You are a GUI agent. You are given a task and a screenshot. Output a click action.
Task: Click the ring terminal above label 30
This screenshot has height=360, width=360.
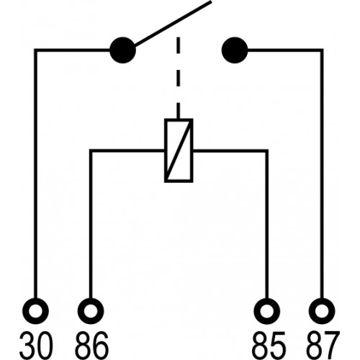tap(35, 311)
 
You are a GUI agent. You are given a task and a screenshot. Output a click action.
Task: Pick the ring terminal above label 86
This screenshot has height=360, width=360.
tap(91, 311)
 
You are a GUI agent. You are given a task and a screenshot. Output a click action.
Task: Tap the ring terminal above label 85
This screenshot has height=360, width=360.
tap(267, 311)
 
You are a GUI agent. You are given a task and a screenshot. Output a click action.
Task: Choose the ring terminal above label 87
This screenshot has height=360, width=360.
tap(322, 311)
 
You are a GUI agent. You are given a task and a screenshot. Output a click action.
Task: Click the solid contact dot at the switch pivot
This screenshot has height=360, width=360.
tap(122, 50)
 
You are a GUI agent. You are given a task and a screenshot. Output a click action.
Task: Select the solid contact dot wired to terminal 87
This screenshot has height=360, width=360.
tap(235, 50)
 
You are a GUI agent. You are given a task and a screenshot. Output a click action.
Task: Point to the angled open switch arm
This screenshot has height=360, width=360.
tap(173, 23)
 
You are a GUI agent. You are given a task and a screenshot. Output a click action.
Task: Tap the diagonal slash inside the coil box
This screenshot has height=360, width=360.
tap(179, 150)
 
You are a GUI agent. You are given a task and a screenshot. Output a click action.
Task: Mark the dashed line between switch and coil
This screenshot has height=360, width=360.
tap(178, 78)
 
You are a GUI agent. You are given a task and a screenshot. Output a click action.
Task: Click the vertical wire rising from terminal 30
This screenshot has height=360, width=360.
tap(35, 174)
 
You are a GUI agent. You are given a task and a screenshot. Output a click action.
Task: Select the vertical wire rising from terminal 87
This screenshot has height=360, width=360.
tap(322, 174)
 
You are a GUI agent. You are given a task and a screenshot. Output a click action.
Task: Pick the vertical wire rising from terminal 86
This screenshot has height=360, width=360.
tap(91, 224)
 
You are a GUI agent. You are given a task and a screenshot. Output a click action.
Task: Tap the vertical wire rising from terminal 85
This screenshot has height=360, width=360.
tap(267, 224)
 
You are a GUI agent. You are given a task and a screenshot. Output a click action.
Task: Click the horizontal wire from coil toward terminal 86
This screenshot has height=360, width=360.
tap(127, 150)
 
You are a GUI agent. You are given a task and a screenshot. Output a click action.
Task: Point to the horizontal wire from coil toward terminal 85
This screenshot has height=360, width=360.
tap(230, 150)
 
